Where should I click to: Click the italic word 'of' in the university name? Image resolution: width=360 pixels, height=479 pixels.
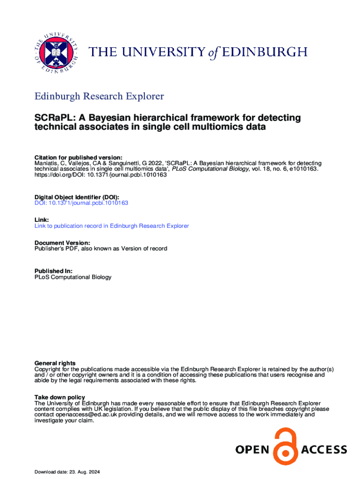(213, 52)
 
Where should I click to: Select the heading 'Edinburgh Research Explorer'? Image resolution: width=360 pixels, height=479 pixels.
(99, 96)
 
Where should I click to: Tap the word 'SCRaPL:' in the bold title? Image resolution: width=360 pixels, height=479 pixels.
(52, 117)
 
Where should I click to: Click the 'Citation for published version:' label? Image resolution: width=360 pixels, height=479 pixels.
(79, 157)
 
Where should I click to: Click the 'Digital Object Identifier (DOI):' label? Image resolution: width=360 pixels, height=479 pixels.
(77, 197)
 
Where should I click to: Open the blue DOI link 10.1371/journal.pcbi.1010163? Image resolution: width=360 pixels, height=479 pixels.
(81, 203)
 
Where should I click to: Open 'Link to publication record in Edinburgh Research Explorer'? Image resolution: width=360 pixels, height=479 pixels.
(112, 226)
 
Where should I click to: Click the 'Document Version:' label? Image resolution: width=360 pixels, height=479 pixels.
(62, 243)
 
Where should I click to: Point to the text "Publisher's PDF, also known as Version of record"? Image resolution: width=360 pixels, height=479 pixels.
(101, 249)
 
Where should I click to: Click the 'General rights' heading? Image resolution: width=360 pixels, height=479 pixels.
(55, 363)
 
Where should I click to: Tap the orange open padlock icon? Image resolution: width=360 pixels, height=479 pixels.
(286, 447)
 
